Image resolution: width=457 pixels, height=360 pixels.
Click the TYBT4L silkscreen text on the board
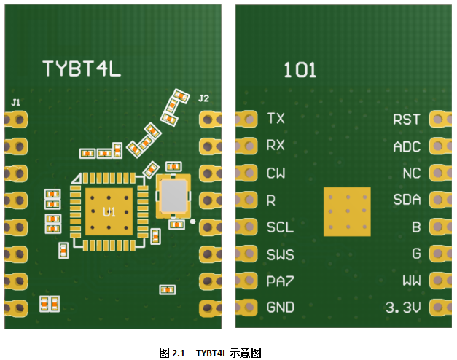pyautogui.click(x=80, y=69)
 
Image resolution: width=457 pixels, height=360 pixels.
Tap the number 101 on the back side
pyautogui.click(x=300, y=71)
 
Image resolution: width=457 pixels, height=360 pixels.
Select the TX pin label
pyautogui.click(x=276, y=118)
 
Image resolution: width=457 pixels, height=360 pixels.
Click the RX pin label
pyautogui.click(x=276, y=145)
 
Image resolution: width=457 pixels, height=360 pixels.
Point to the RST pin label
pyautogui.click(x=406, y=119)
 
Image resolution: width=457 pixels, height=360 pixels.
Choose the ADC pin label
pyautogui.click(x=406, y=146)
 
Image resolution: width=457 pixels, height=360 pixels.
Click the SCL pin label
pyautogui.click(x=280, y=227)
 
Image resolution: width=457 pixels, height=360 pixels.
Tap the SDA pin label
pyautogui.click(x=407, y=200)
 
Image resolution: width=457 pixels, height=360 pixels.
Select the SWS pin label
pyautogui.click(x=280, y=254)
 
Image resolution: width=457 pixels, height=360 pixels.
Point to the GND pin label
pyautogui.click(x=281, y=308)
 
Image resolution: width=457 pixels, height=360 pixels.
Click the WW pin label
pyautogui.click(x=411, y=281)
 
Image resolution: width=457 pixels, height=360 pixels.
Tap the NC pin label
pyautogui.click(x=411, y=173)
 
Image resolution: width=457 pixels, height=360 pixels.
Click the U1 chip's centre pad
pyautogui.click(x=109, y=211)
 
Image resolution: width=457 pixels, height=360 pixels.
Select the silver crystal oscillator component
pyautogui.click(x=173, y=195)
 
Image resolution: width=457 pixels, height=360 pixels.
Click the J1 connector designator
pyautogui.click(x=16, y=101)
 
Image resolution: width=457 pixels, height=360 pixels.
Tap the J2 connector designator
pyautogui.click(x=203, y=98)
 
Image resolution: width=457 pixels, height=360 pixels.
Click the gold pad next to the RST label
pyautogui.click(x=440, y=119)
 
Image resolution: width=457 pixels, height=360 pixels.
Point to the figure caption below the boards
pyautogui.click(x=210, y=353)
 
